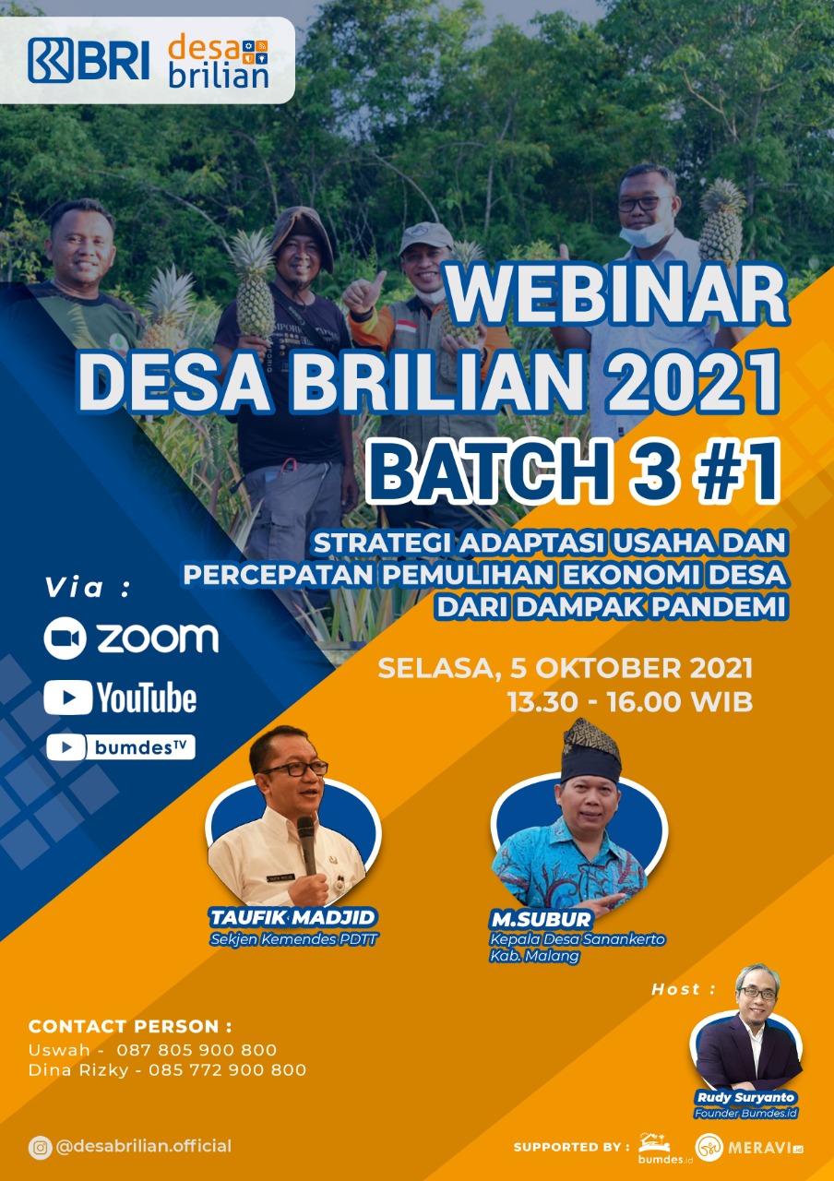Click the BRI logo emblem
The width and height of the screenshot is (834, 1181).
(x=51, y=61)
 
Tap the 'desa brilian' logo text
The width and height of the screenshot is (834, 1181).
(x=219, y=61)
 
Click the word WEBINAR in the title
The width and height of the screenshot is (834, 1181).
(x=618, y=294)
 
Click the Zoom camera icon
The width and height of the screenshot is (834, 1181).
(x=65, y=638)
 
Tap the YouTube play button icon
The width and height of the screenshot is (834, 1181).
(x=68, y=697)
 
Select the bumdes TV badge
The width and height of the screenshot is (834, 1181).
(x=121, y=747)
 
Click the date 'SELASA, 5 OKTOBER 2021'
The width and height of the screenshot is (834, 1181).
(x=566, y=669)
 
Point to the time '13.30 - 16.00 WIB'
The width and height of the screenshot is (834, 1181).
(x=629, y=702)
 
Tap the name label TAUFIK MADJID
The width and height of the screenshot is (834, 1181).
(x=292, y=917)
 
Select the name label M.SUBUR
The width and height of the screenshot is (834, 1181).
(x=541, y=919)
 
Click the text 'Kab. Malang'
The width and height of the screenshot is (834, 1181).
(x=534, y=956)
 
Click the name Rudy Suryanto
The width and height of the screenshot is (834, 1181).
(x=745, y=1097)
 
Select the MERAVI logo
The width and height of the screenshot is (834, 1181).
(x=749, y=1147)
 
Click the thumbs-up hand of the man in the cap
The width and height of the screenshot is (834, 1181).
(x=363, y=293)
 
